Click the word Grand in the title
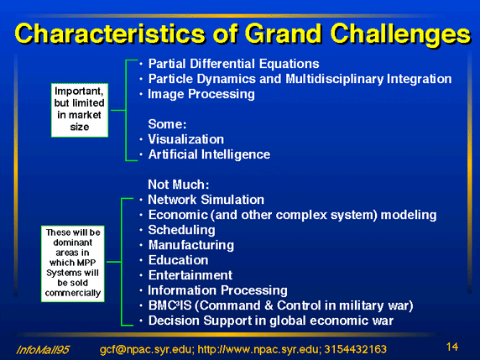283,33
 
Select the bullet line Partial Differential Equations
233,64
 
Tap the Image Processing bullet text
201,94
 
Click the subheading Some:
167,124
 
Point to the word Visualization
185,139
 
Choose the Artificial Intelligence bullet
209,154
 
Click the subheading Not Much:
179,185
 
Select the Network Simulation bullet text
206,200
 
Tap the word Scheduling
181,230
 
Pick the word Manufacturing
191,245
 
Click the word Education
178,260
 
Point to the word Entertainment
190,275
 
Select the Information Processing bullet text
217,290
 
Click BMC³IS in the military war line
170,305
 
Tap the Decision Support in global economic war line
270,321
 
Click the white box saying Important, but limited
80,110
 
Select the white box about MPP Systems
73,263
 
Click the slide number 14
452,347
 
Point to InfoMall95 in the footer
43,350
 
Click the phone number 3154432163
356,349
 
